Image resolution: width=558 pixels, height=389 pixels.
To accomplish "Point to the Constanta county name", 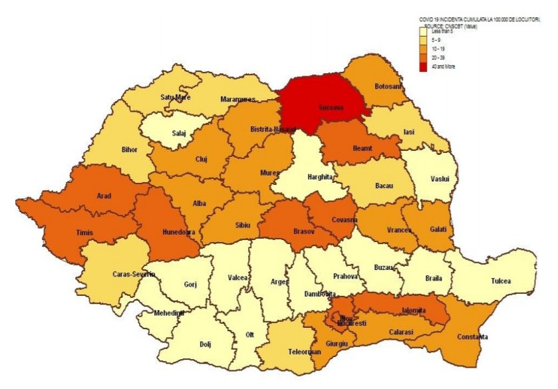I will tap(472, 337).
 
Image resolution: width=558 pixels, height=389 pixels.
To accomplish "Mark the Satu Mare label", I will tap(176, 98).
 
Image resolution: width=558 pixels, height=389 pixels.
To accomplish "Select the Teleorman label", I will tap(291, 351).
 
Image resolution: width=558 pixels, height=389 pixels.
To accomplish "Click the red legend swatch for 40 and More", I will tap(424, 66).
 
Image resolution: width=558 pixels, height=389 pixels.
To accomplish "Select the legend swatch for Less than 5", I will tap(424, 32).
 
